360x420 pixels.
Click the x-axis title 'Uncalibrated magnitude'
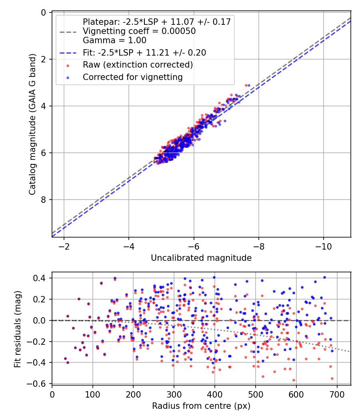pyautogui.click(x=201, y=258)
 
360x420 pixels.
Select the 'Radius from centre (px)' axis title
pyautogui.click(x=201, y=406)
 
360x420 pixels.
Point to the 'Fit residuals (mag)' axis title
pyautogui.click(x=17, y=329)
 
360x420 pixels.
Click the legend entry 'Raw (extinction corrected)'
pyautogui.click(x=138, y=65)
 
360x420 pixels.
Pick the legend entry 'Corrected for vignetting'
pyautogui.click(x=132, y=77)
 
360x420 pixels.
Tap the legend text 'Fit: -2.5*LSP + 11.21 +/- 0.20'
pyautogui.click(x=144, y=53)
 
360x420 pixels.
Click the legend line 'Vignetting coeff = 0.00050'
pyautogui.click(x=139, y=31)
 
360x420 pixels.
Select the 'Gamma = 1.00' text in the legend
pyautogui.click(x=114, y=40)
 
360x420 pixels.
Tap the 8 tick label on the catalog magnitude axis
pyautogui.click(x=44, y=200)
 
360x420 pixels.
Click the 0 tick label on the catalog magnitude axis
pyautogui.click(x=44, y=13)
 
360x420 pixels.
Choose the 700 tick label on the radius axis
pyautogui.click(x=337, y=394)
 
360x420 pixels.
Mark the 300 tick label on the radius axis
pyautogui.click(x=174, y=394)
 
